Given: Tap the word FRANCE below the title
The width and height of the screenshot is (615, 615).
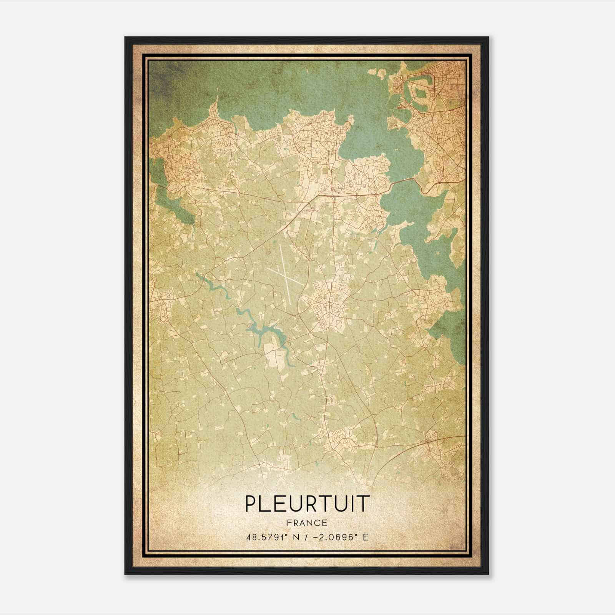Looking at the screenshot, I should (307, 523).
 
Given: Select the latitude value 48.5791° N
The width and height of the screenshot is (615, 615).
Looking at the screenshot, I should (269, 537).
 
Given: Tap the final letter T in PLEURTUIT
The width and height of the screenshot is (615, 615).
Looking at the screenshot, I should (364, 504).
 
